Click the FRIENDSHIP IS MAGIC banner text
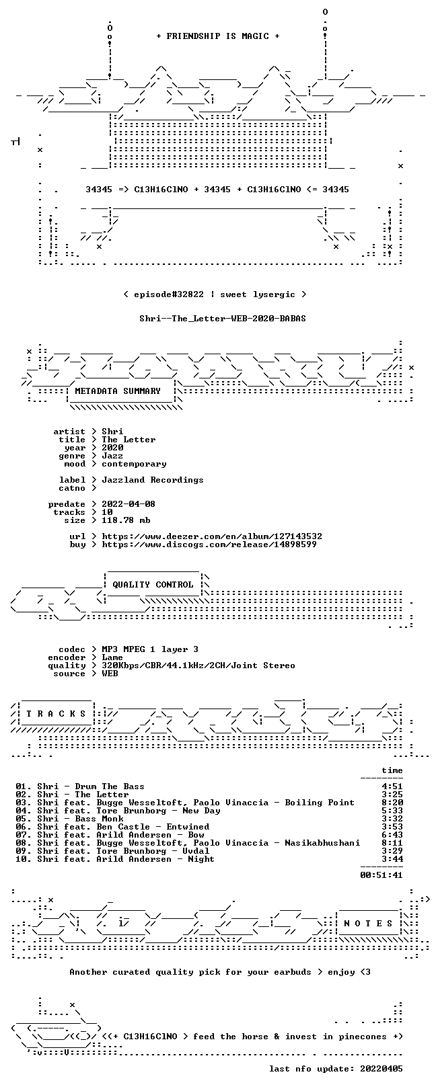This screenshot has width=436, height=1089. tap(217, 36)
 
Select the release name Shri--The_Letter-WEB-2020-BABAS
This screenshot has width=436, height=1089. tap(223, 319)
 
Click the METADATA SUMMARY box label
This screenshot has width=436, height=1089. tap(118, 391)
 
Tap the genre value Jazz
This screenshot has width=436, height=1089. tap(112, 456)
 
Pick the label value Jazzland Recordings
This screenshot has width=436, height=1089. tap(153, 481)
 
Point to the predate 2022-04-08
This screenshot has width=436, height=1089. tap(129, 504)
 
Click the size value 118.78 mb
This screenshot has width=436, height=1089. tap(126, 520)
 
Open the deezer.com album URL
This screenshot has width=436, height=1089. tap(212, 536)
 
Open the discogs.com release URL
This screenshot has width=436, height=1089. tap(209, 544)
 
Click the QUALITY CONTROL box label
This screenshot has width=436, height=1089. tap(153, 584)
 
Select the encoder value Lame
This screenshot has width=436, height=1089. tap(112, 658)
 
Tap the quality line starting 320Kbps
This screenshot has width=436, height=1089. tap(198, 665)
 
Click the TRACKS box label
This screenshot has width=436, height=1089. tap(56, 714)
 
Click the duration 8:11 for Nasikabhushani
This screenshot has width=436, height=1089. tap(392, 843)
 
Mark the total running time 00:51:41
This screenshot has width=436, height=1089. tap(381, 875)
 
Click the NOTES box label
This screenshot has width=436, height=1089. tap(368, 923)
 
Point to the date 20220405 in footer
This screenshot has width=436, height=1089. tap(381, 1069)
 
